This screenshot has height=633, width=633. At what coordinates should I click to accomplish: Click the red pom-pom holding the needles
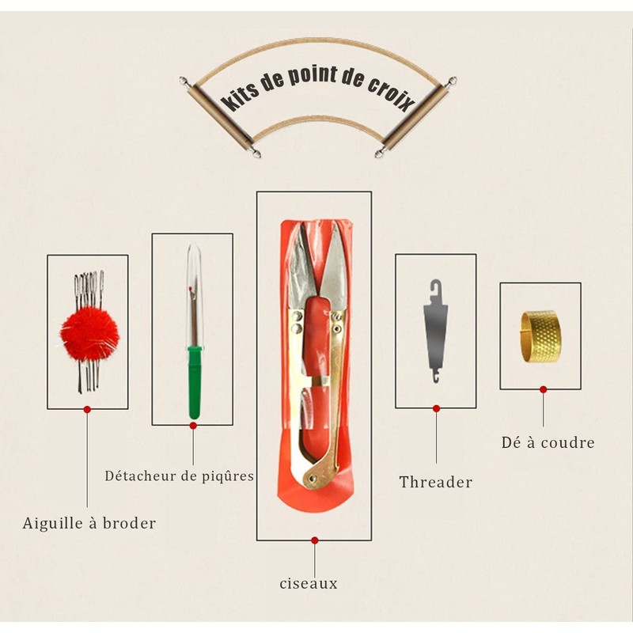coord(89,332)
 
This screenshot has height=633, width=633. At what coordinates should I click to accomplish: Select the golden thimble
coord(540,337)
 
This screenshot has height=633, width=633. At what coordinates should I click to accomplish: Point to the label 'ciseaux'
coord(309,584)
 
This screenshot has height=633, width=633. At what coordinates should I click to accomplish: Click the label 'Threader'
coord(435,482)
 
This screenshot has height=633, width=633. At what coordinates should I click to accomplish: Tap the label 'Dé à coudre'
coord(548,443)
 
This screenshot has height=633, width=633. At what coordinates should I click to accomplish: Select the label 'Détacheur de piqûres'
coord(180,476)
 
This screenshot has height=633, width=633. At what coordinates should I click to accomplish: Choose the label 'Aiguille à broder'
coord(89,523)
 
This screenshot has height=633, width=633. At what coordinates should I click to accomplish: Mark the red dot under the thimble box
coord(543,389)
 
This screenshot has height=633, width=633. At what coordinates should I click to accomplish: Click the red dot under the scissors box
coord(314,540)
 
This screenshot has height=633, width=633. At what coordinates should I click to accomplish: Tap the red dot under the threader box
coord(436,408)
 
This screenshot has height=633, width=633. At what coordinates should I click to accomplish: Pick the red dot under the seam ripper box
coord(192,426)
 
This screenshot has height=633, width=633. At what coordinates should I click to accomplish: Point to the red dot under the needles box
coord(87,409)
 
